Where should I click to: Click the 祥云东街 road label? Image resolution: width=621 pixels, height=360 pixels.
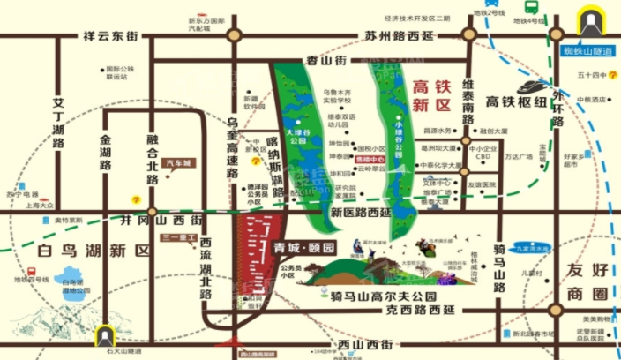tap(111, 36)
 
